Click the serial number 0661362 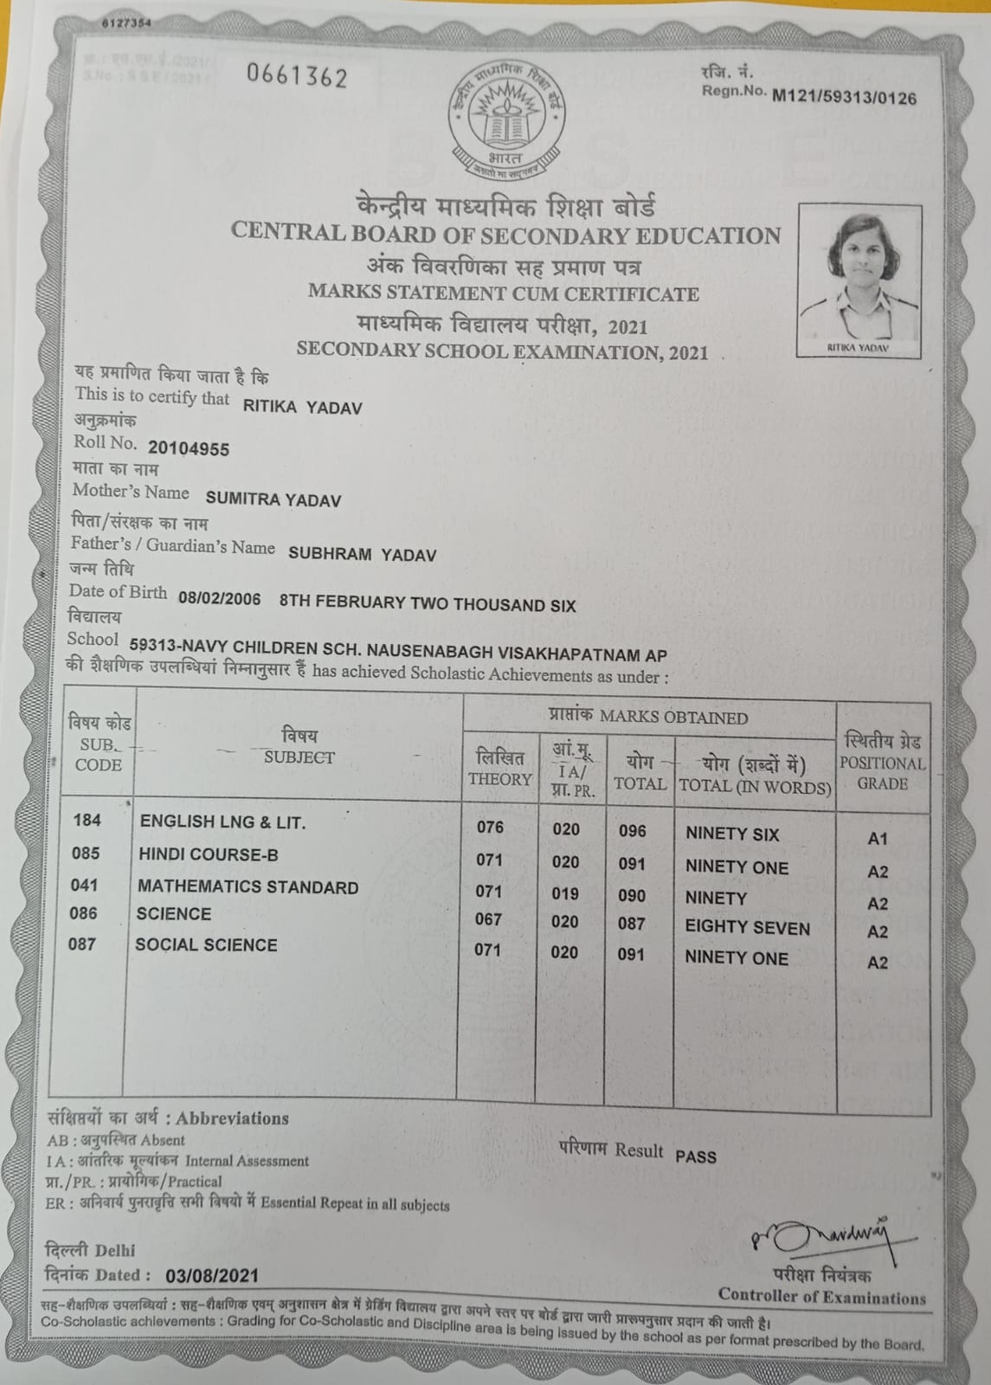[297, 77]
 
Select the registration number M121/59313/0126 [844, 97]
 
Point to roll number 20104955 [189, 448]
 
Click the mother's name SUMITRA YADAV [273, 499]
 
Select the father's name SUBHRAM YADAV [362, 555]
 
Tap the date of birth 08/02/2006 [219, 599]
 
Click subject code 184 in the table [87, 820]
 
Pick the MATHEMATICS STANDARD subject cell [248, 887]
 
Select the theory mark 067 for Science [488, 919]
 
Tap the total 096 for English [632, 831]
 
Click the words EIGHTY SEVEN [747, 928]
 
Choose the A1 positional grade [877, 839]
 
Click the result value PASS [696, 1156]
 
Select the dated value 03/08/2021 [212, 1276]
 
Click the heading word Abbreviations [232, 1118]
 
